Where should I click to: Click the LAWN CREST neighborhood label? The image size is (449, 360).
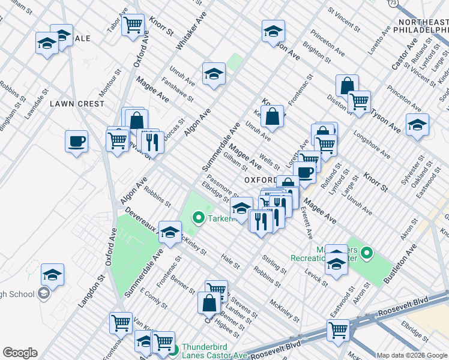[77, 104]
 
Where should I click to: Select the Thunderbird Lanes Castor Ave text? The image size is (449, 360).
[214, 351]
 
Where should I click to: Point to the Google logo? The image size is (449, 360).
[20, 353]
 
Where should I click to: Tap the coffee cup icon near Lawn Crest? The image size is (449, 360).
[76, 142]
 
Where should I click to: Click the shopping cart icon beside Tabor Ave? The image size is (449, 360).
[133, 25]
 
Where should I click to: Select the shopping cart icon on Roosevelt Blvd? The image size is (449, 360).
[338, 329]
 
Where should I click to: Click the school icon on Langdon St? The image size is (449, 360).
[52, 275]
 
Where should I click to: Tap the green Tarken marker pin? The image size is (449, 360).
[197, 218]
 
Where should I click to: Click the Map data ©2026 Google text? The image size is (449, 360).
[411, 355]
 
